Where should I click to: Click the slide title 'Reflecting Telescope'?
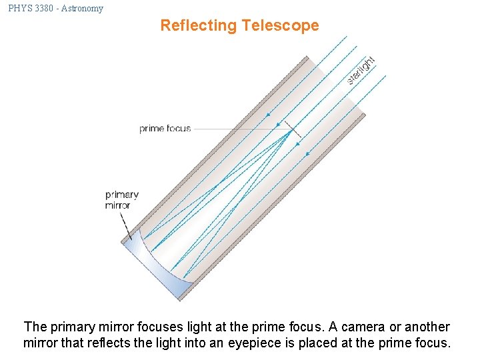(239, 26)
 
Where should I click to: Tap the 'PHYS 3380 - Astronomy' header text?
(56, 9)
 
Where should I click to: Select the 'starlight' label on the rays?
(361, 70)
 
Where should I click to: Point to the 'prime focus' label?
(165, 129)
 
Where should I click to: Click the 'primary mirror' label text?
(122, 200)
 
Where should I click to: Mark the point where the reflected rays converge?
(291, 131)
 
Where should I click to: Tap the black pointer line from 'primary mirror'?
(125, 225)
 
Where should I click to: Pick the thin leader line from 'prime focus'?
(233, 129)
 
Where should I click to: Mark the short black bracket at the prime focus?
(292, 131)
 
